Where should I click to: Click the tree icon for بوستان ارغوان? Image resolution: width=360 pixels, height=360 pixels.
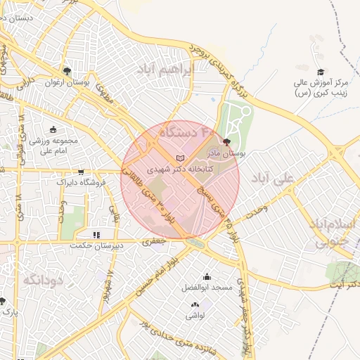[67, 70]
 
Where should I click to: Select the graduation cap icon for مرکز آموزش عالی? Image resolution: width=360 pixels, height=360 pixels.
[321, 72]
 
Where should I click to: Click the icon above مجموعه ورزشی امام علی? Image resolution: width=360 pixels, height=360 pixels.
[53, 129]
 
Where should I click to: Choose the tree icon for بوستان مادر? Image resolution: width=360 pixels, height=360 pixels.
[226, 141]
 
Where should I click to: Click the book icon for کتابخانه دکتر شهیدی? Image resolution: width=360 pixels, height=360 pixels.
[181, 158]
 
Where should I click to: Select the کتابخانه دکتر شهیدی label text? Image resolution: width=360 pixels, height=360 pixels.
[176, 169]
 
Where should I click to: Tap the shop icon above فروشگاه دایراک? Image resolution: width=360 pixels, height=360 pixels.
[81, 171]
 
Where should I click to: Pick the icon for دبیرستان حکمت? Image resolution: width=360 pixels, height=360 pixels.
[96, 235]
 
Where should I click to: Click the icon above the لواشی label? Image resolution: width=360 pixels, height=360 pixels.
[195, 305]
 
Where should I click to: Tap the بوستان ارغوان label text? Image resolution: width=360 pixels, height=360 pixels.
[89, 82]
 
